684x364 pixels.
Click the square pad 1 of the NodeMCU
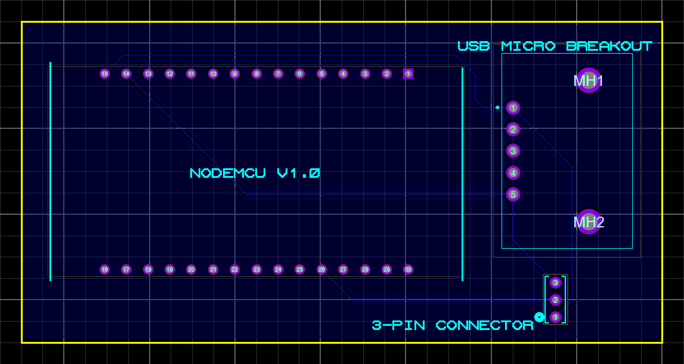(408, 74)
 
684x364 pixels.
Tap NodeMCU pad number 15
(105, 74)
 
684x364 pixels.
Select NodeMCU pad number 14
(126, 74)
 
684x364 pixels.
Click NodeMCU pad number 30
(408, 270)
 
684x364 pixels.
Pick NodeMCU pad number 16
(105, 270)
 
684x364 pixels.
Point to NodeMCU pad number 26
(321, 270)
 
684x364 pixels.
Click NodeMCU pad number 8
(256, 74)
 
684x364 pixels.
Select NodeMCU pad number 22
(235, 270)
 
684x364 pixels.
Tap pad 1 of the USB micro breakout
(513, 108)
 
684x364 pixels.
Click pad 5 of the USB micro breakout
(513, 195)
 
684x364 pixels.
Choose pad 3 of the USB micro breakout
(513, 151)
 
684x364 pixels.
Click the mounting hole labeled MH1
(589, 81)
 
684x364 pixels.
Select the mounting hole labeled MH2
(589, 222)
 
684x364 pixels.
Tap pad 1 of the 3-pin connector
(555, 317)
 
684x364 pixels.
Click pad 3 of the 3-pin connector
(555, 282)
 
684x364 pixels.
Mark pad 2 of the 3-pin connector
(555, 300)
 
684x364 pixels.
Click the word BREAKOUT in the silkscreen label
(609, 46)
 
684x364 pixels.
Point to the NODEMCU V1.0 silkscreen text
(255, 174)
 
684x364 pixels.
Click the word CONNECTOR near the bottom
(484, 325)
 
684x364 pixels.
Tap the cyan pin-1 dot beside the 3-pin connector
(539, 317)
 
